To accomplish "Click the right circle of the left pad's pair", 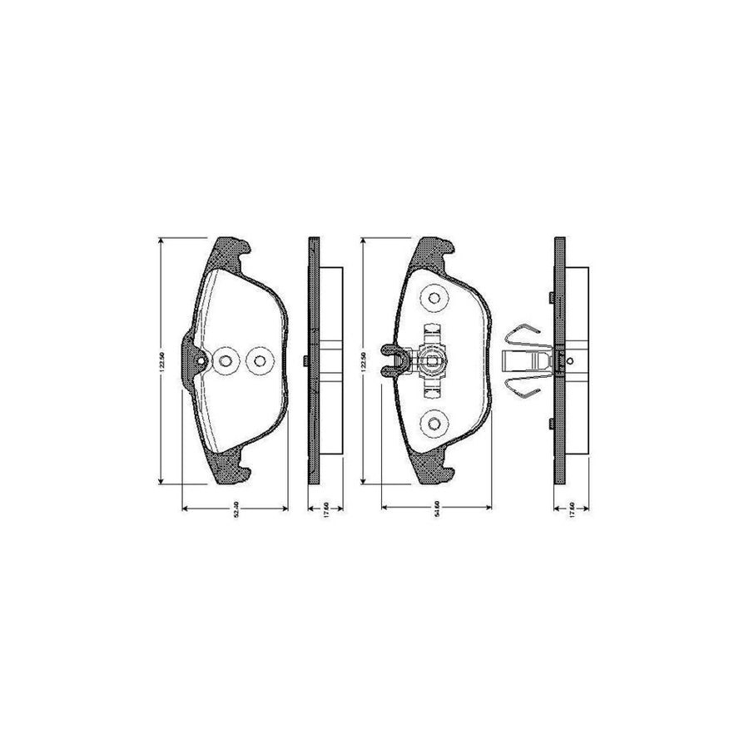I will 259,360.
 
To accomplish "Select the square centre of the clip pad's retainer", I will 433,360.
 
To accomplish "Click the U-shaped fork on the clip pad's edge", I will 389,360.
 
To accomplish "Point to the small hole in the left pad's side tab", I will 197,360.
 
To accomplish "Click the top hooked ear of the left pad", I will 233,248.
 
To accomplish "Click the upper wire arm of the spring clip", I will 519,333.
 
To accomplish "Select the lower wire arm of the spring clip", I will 519,388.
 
